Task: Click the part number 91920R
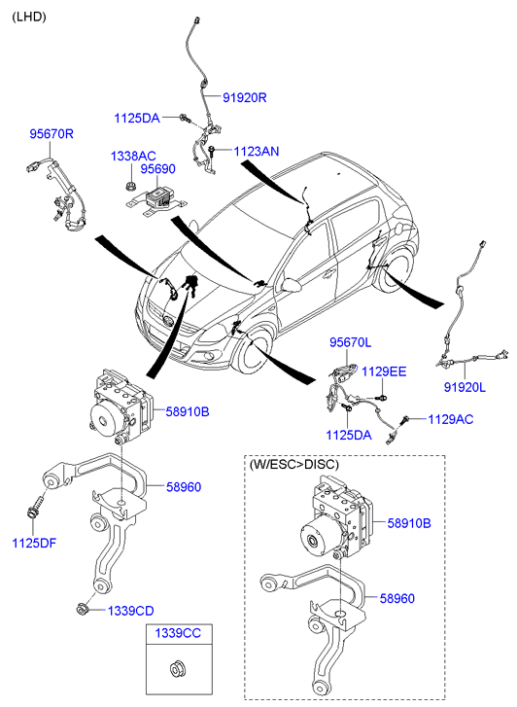point(244,97)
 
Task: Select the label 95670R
point(52,134)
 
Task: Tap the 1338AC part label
point(133,156)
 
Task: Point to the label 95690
point(157,169)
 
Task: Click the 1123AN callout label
point(257,151)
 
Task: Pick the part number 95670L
point(350,342)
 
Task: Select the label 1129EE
point(384,371)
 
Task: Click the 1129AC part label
point(451,419)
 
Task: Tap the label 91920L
point(465,387)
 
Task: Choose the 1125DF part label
point(34,543)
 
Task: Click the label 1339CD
point(131,611)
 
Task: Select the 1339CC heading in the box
point(178,633)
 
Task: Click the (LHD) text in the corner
point(29,18)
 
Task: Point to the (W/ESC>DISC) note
point(293,465)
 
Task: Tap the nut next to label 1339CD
point(82,609)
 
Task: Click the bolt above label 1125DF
point(35,506)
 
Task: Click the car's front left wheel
point(254,353)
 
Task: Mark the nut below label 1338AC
point(130,185)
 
